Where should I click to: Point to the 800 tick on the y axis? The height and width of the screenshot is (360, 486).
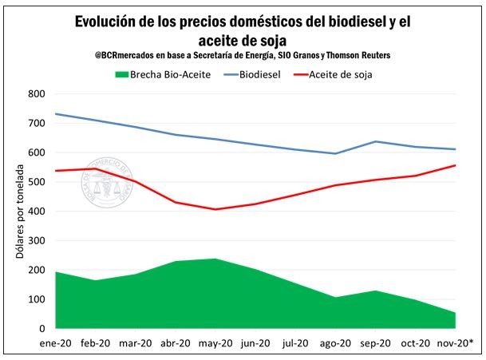pyautogui.click(x=37, y=93)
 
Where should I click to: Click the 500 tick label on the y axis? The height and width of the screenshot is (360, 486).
pyautogui.click(x=37, y=182)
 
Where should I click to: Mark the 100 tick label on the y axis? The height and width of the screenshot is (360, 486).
pyautogui.click(x=37, y=299)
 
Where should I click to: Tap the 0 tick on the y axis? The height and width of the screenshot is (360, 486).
pyautogui.click(x=42, y=329)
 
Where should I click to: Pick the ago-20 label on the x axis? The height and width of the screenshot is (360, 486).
pyautogui.click(x=336, y=344)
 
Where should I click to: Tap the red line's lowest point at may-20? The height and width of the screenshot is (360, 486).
pyautogui.click(x=215, y=209)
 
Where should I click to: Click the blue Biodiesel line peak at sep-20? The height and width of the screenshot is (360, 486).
pyautogui.click(x=376, y=141)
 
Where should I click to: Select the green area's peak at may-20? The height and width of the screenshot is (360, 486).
pyautogui.click(x=215, y=259)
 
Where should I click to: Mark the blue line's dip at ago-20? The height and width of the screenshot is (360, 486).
pyautogui.click(x=336, y=153)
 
